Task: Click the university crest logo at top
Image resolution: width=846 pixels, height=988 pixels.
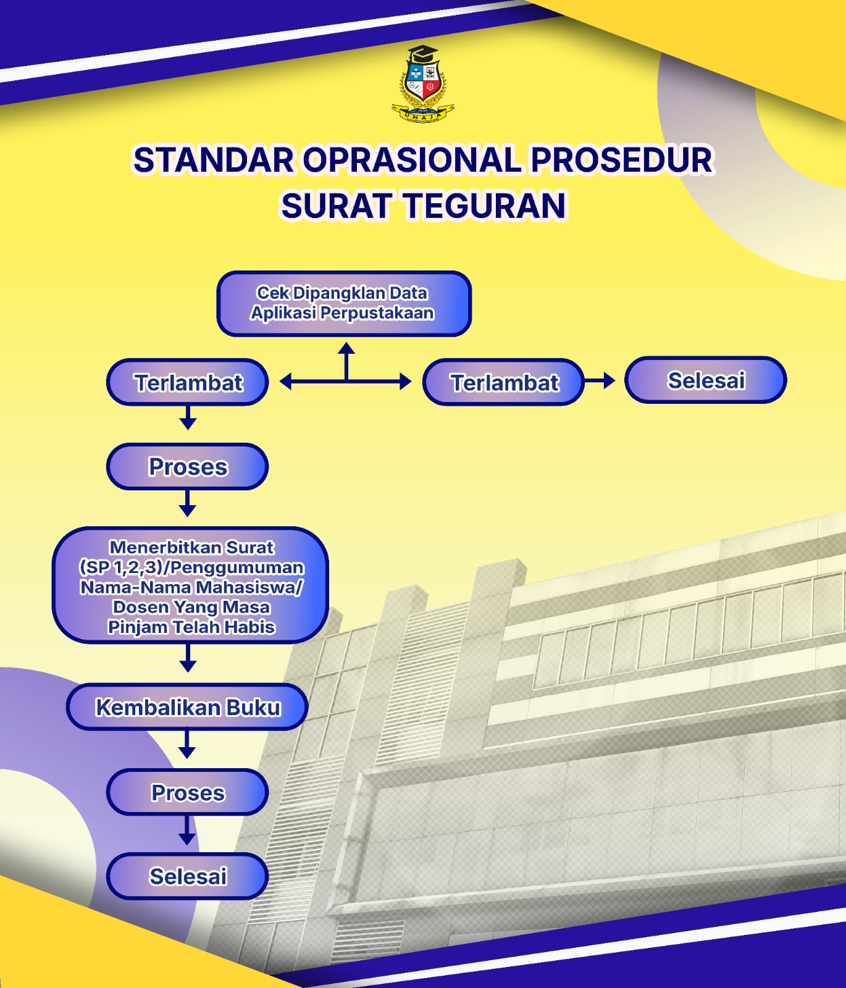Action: [423, 84]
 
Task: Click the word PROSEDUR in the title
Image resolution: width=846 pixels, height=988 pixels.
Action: [622, 160]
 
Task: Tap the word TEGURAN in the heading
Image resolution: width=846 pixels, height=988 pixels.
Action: [485, 206]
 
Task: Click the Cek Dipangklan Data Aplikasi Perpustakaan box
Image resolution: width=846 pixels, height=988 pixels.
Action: [344, 303]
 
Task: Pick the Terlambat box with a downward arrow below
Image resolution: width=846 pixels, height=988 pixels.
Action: [188, 382]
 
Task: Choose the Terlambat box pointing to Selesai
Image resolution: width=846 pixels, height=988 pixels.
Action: [503, 382]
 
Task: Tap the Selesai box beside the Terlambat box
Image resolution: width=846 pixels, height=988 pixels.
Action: [706, 380]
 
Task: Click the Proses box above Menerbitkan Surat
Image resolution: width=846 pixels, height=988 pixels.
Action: [188, 467]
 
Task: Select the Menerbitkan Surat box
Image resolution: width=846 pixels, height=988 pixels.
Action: [190, 585]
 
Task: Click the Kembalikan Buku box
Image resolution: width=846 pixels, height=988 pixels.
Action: [187, 707]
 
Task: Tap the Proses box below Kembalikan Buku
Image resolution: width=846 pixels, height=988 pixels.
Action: [188, 792]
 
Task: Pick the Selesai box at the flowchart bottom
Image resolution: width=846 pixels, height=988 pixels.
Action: [188, 876]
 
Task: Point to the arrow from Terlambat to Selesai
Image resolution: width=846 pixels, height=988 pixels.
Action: [600, 381]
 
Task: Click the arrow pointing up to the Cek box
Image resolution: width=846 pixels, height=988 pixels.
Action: [346, 362]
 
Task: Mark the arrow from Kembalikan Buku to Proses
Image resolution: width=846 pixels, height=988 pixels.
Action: [187, 744]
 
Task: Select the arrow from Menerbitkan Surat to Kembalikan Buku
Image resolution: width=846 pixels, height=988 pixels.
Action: [188, 658]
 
